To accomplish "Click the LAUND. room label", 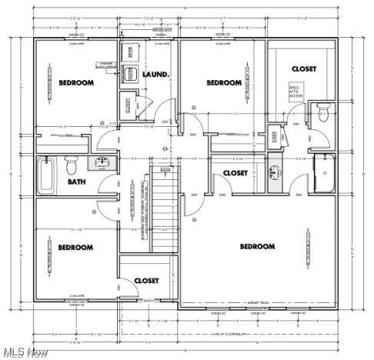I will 156,75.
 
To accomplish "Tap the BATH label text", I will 77,182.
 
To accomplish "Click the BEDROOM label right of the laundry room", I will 224,82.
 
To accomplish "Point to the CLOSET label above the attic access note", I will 303,68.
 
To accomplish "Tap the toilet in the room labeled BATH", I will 71,164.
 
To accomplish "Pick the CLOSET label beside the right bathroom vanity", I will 235,173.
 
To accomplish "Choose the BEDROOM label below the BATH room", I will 75,247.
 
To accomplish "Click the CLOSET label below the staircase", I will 146,281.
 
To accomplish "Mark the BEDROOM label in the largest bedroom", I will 257,246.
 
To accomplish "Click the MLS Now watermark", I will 25,352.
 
